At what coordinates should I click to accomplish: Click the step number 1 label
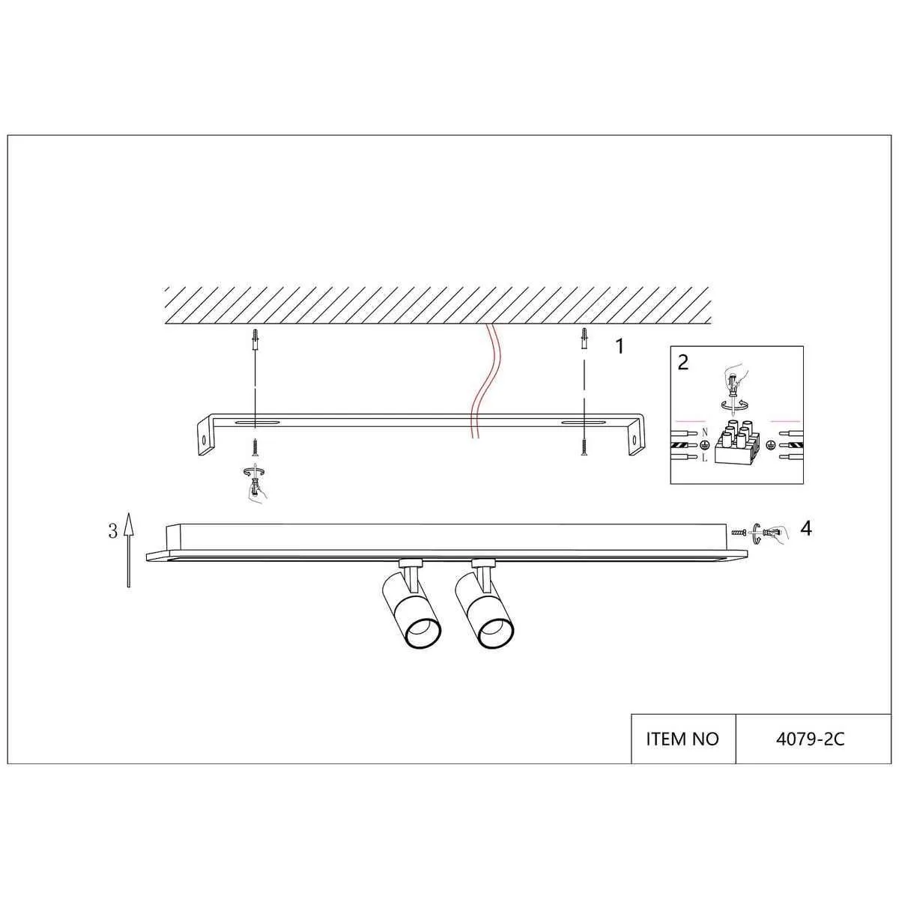[x=620, y=347]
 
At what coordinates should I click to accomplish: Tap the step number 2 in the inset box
[x=683, y=362]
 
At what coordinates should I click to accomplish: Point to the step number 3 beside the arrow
[x=113, y=531]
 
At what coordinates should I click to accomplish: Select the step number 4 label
[x=805, y=529]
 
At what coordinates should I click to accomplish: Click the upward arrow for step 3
[x=129, y=550]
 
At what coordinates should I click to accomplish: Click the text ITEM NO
[x=682, y=739]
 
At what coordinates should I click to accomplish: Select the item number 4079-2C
[x=811, y=739]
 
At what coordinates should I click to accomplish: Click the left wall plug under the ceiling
[x=255, y=338]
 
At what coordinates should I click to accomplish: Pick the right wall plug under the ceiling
[x=584, y=337]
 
